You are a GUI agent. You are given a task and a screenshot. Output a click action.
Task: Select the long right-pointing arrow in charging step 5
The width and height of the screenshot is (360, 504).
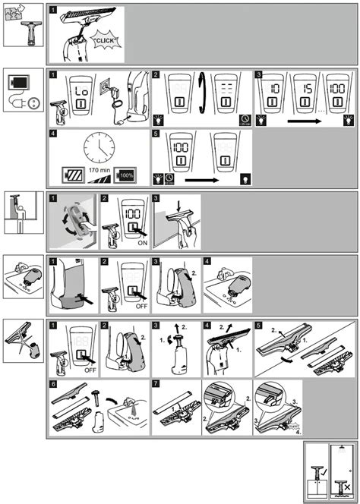[197, 181]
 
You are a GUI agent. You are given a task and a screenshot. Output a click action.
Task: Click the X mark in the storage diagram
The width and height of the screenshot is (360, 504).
[346, 487]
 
